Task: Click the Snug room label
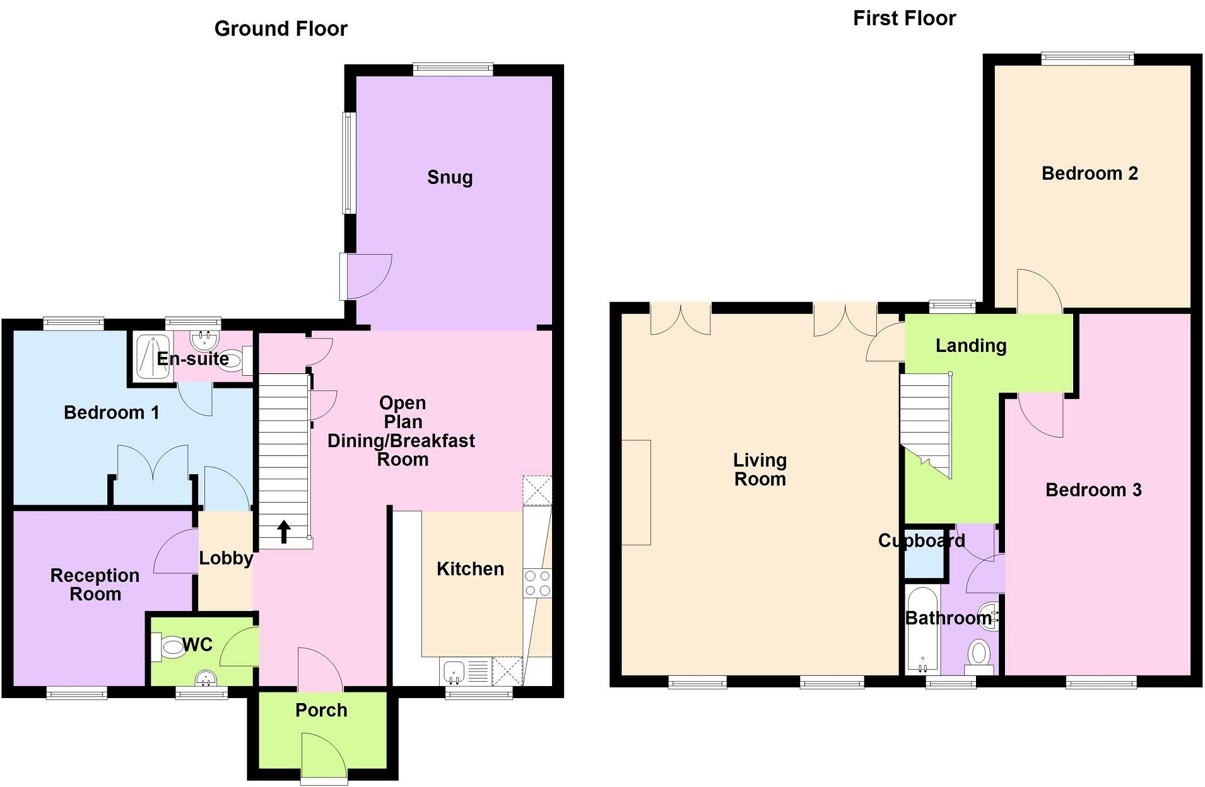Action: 449,178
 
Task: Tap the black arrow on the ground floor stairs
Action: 284,532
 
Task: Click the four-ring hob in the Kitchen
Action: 537,583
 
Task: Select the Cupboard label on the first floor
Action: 921,541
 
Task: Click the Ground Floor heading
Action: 281,29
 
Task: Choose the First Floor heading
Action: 904,19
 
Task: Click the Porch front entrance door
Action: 324,757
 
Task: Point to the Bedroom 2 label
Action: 1090,173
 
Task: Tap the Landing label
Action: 970,346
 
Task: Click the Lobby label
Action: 226,558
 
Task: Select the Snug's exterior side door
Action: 365,276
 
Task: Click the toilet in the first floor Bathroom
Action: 979,655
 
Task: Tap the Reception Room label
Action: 95,585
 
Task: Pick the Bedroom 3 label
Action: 1093,490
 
